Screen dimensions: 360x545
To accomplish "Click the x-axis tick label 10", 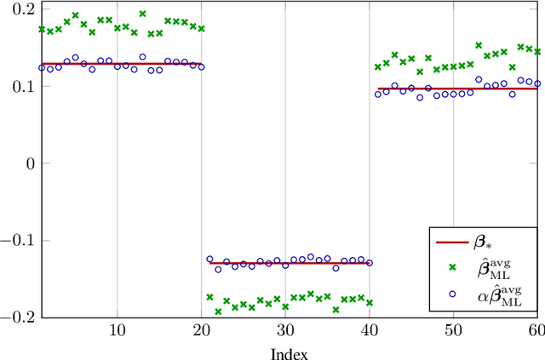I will pyautogui.click(x=117, y=329).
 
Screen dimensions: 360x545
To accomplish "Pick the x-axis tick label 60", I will pyautogui.click(x=536, y=329).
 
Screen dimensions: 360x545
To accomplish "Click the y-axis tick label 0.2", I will pyautogui.click(x=18, y=9).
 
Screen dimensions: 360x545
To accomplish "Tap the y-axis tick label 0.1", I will pyautogui.click(x=18, y=86).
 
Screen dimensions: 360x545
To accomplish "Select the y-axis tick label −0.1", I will pyautogui.click(x=14, y=239).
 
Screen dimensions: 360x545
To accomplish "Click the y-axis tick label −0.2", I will pyautogui.click(x=14, y=316).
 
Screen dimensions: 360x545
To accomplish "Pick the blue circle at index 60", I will pyautogui.click(x=536, y=83).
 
